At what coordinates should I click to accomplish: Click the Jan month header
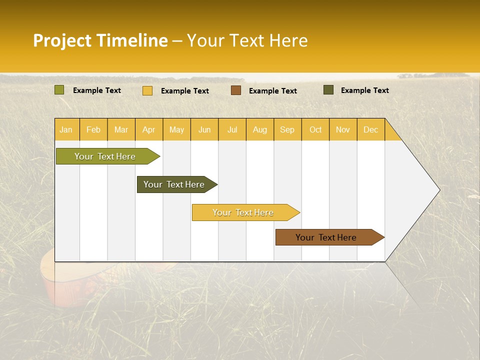tap(66, 129)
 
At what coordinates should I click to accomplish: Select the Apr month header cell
tap(149, 129)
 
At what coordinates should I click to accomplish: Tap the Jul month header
tap(232, 129)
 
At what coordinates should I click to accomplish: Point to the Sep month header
tap(287, 129)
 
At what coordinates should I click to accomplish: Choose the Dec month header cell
tap(370, 129)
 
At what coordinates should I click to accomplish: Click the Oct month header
tap(315, 129)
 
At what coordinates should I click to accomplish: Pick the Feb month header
tap(93, 129)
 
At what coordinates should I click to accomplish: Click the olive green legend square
tap(59, 90)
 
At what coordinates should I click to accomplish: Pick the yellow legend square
tap(147, 90)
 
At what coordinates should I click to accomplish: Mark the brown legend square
tap(236, 90)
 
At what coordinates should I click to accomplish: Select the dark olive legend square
tap(328, 90)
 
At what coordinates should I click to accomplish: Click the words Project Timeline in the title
tap(100, 40)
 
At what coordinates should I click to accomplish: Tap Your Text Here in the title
tap(247, 40)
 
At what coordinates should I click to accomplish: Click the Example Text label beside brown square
tap(272, 91)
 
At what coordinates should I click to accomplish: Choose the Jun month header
tap(204, 129)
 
